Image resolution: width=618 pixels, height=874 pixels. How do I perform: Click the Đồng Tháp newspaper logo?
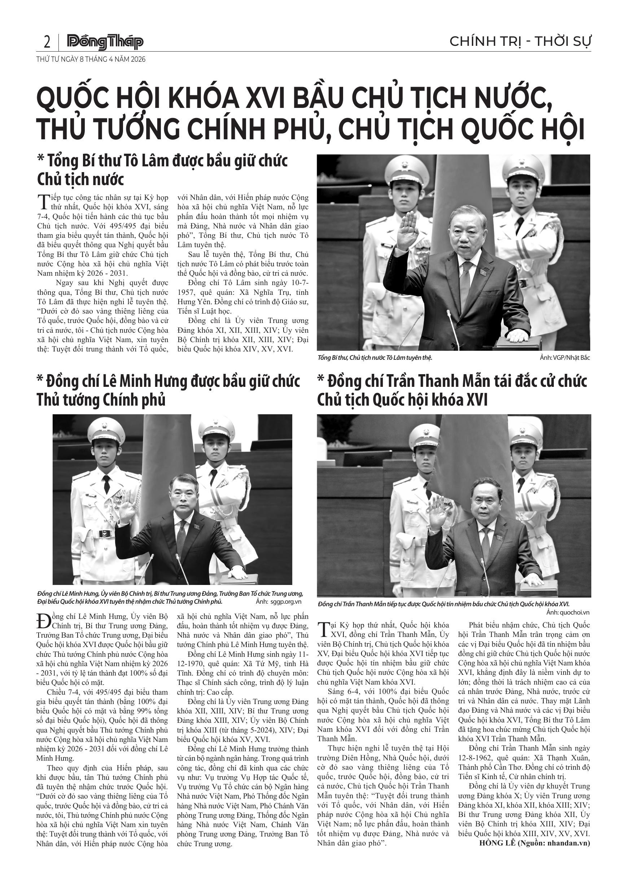pyautogui.click(x=105, y=42)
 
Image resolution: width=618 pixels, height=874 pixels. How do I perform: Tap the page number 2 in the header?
pyautogui.click(x=47, y=42)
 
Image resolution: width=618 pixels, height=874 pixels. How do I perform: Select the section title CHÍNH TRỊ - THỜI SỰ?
pyautogui.click(x=520, y=41)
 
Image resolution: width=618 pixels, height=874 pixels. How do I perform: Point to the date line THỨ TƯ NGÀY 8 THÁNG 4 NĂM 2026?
pyautogui.click(x=91, y=60)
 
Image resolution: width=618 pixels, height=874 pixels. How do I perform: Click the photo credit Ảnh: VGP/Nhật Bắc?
pyautogui.click(x=564, y=358)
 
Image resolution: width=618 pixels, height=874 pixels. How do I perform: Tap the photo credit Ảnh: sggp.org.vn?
pyautogui.click(x=279, y=602)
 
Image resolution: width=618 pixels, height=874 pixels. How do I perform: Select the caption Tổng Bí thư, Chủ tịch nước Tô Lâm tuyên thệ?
pyautogui.click(x=374, y=358)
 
